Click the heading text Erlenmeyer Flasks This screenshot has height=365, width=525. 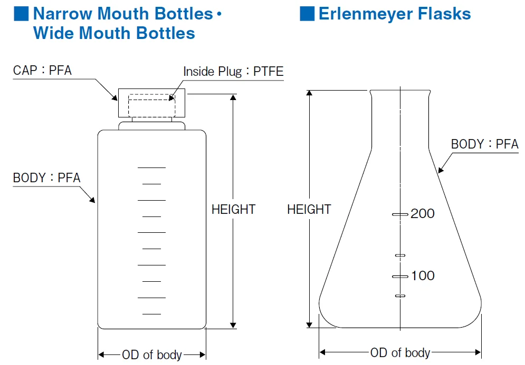[395, 14]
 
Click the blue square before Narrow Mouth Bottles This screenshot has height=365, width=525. [21, 14]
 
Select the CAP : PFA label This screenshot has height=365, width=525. [42, 70]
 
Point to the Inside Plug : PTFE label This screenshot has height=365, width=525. [233, 71]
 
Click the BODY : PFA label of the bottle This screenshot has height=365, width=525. [46, 177]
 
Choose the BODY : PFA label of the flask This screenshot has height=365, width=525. [484, 144]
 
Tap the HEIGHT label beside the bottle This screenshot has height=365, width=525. [233, 209]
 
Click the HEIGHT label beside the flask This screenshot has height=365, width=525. [309, 209]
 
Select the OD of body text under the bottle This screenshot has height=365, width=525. [152, 354]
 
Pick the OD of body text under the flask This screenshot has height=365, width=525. [400, 352]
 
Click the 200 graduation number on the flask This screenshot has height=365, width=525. [423, 213]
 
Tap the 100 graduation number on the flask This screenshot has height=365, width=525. [423, 275]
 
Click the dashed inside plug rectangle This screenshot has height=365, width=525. [151, 105]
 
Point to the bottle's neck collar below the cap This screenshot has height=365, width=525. [151, 126]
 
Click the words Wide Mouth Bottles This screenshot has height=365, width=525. [114, 33]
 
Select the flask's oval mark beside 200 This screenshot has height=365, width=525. [400, 214]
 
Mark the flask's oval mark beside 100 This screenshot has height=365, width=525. [400, 276]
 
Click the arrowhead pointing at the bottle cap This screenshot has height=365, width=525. [114, 97]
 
